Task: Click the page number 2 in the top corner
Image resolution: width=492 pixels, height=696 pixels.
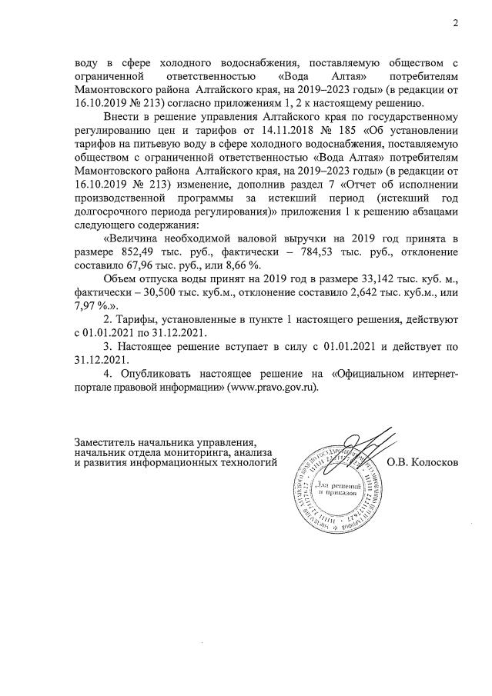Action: tap(456, 22)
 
